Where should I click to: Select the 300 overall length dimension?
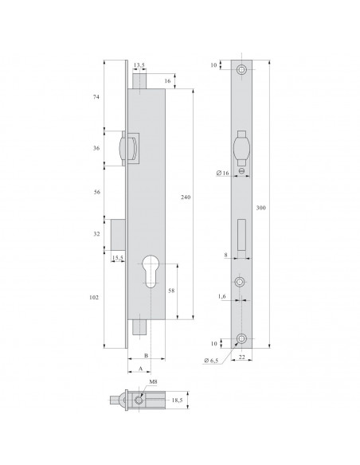(x=260, y=209)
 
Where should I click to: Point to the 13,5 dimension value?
(x=139, y=67)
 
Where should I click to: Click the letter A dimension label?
(x=141, y=369)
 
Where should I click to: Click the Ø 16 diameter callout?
(x=224, y=173)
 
